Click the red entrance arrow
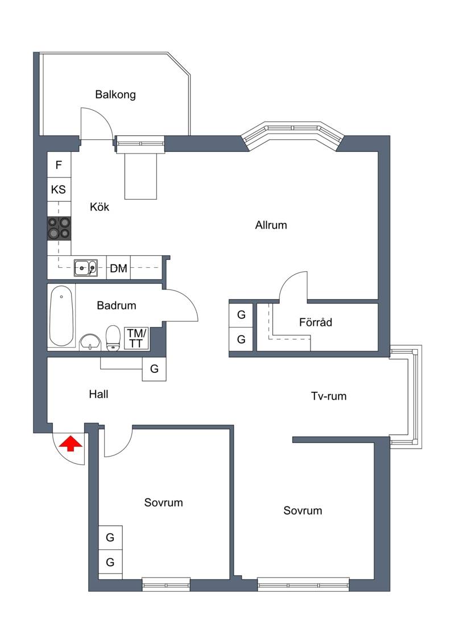coord(70,443)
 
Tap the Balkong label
coord(115,95)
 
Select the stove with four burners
coord(59,228)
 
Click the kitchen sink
coord(86,268)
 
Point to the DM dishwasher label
coord(118,268)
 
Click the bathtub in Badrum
coord(61,316)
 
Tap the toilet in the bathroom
coord(113,338)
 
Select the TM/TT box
coord(136,338)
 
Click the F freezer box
coord(59,165)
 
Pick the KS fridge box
coord(59,189)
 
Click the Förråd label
coord(316,322)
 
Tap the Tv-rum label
coord(329,396)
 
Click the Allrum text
coord(271,225)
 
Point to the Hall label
coord(98,395)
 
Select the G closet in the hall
coord(154,369)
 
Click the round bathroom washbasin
coord(90,342)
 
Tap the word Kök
coord(100,207)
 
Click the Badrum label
coord(117,305)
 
